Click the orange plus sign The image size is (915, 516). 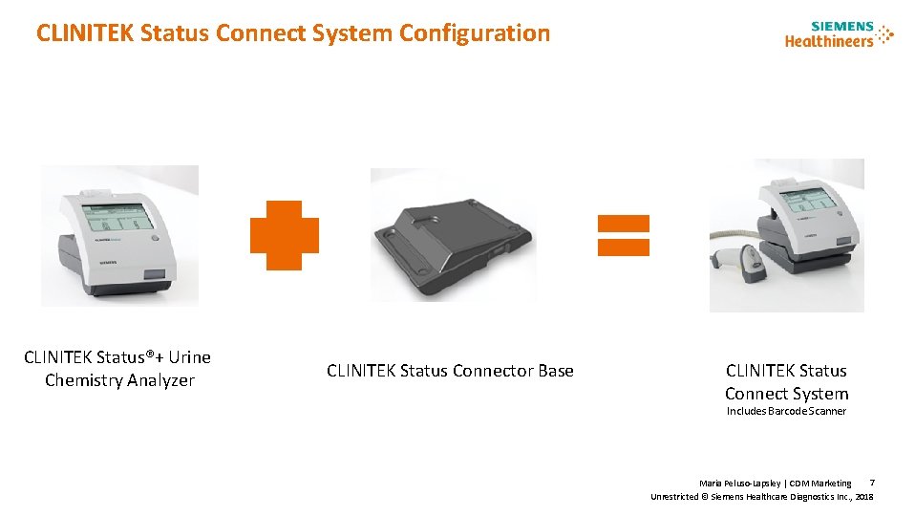point(284,235)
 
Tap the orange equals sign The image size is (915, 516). point(623,235)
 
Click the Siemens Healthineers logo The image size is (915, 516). point(839,33)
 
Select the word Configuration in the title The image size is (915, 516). point(475,33)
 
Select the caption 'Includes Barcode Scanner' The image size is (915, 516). point(786,411)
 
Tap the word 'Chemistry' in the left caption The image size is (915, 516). point(83,380)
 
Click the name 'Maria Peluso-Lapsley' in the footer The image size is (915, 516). point(740,484)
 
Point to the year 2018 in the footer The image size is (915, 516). point(864,497)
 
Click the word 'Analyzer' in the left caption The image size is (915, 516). point(160,380)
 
